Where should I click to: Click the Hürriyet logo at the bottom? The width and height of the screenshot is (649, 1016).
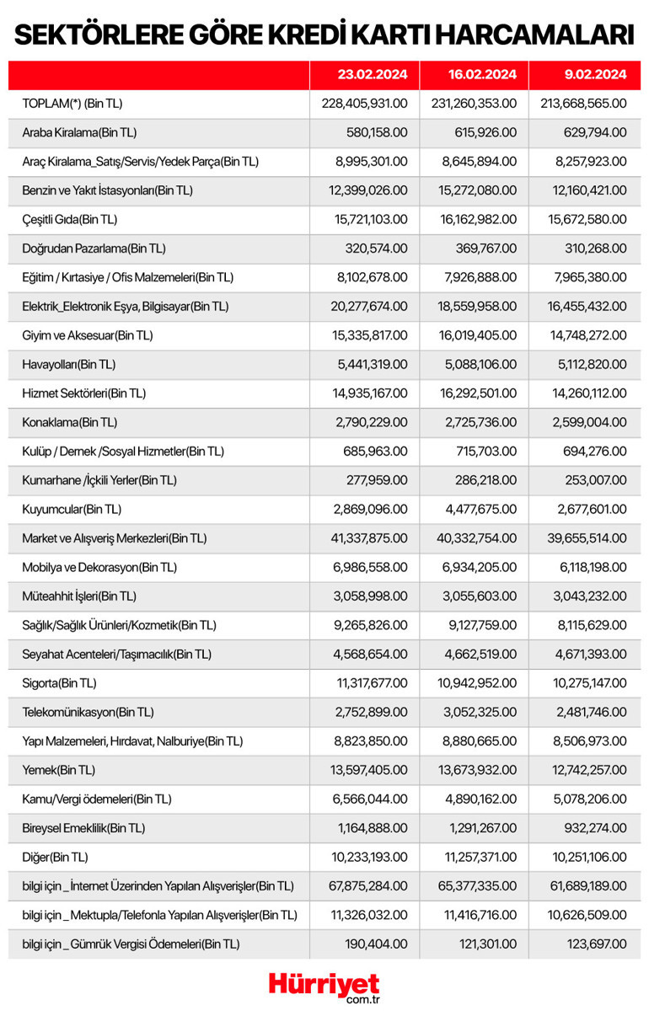[324, 986]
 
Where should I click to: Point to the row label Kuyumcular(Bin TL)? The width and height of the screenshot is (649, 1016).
[72, 509]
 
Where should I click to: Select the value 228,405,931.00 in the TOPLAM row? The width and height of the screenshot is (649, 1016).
[364, 103]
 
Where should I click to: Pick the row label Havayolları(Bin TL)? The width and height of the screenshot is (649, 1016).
[69, 364]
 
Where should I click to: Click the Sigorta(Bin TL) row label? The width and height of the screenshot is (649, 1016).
[59, 682]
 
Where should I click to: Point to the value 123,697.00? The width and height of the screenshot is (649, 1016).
[595, 944]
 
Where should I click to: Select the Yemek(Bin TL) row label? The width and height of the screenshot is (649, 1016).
[59, 769]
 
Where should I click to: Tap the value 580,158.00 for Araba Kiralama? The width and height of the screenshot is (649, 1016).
[377, 132]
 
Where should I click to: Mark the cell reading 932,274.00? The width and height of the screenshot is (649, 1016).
[595, 827]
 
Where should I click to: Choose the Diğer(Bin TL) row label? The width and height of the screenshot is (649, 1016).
[56, 857]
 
